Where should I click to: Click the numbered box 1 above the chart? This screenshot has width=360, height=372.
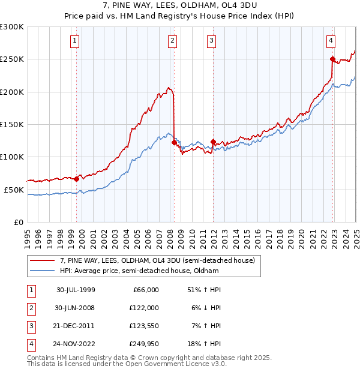coord(74,41)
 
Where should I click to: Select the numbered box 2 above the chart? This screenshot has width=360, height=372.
coord(172,41)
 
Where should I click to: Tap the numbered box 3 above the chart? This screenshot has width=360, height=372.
coord(212,41)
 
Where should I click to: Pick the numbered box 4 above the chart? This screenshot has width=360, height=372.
coord(331,41)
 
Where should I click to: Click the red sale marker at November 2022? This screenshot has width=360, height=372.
coord(332,59)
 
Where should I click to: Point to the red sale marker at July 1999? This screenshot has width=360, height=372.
coord(77,179)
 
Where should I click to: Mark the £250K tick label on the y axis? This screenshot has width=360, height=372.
coord(12,59)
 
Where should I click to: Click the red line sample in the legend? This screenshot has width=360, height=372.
coord(43,260)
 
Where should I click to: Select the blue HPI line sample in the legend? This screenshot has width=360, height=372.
coord(43,271)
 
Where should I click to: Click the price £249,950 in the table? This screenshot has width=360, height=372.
coord(145,344)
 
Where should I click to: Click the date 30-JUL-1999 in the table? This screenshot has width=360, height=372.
coord(76,289)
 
